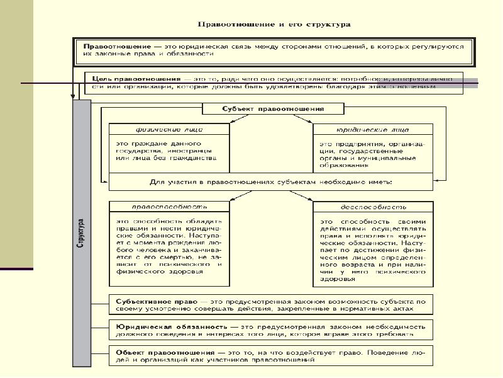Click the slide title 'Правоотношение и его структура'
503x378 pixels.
coord(274,25)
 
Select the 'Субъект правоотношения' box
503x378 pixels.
coord(273,108)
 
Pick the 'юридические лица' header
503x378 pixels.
coord(373,129)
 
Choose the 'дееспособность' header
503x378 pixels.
coord(373,206)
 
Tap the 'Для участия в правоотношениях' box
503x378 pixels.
coord(271,182)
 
